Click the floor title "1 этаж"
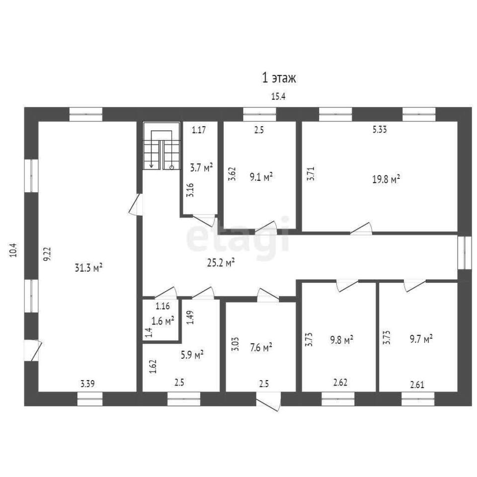pos(279,78)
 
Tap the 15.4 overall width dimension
pos(278,97)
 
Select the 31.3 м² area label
pos(88,268)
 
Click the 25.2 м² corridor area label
pos(221,262)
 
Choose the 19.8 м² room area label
pos(386,179)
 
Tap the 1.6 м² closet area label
pos(163,320)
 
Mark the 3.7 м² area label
pos(201,167)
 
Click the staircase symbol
pos(161,146)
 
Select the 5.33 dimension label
pos(380,130)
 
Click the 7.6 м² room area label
pos(261,347)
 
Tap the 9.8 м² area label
pos(342,339)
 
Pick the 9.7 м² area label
pos(421,338)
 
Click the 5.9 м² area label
pos(192,355)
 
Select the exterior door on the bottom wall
pos(268,401)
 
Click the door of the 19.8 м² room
pos(361,229)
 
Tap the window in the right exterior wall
pos(465,253)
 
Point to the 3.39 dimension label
pos(87,384)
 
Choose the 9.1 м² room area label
pos(261,177)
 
